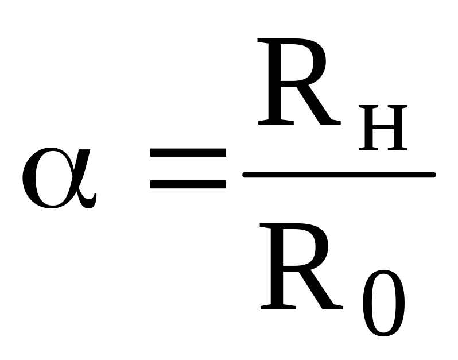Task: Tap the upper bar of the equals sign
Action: coord(188,153)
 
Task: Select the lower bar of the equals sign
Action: coord(188,184)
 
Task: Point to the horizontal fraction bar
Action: coord(339,175)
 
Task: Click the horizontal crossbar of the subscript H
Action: coord(383,127)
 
